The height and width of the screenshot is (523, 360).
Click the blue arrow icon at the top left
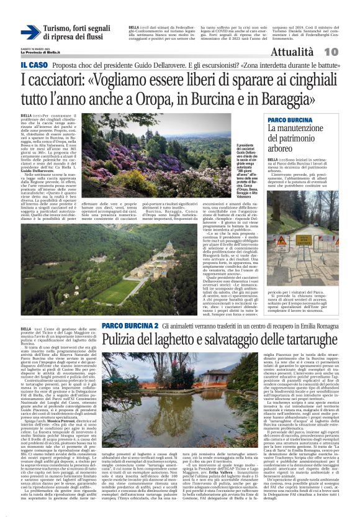29,33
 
